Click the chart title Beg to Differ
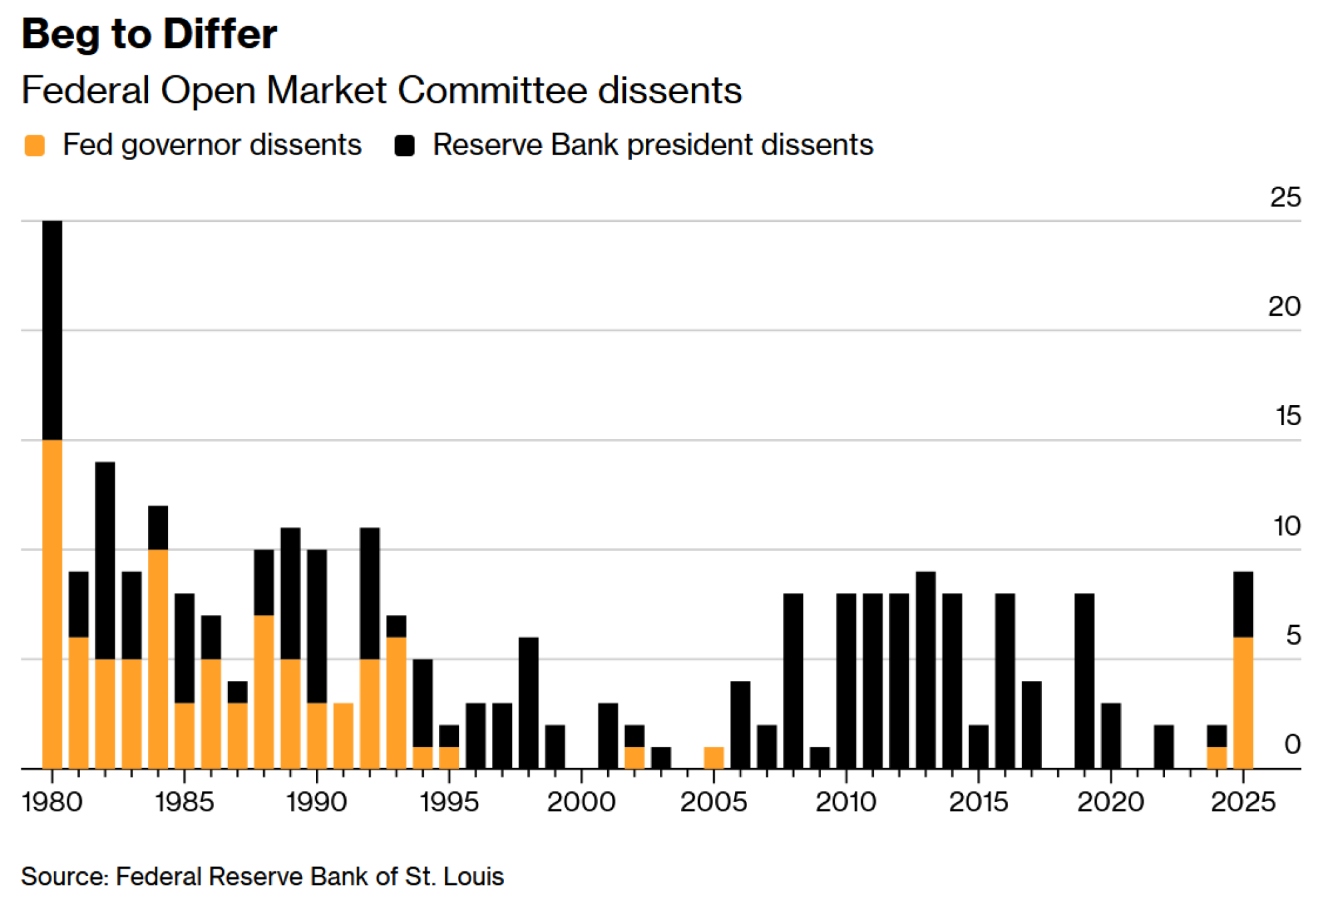[149, 34]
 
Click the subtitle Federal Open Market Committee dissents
[381, 90]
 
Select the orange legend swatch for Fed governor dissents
[35, 145]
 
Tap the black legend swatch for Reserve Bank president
[405, 145]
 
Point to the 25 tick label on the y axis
[1285, 197]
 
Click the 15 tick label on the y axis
[1288, 416]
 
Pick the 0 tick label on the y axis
[1292, 744]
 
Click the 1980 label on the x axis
[52, 801]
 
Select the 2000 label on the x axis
[581, 801]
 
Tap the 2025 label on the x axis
[1243, 801]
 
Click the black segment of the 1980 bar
[52, 330]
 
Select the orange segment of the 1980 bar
[52, 604]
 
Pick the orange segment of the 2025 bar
[1243, 703]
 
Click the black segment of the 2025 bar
[1243, 604]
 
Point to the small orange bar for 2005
[714, 758]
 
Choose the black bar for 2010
[846, 681]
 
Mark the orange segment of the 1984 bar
[158, 659]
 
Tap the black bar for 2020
[1111, 735]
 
